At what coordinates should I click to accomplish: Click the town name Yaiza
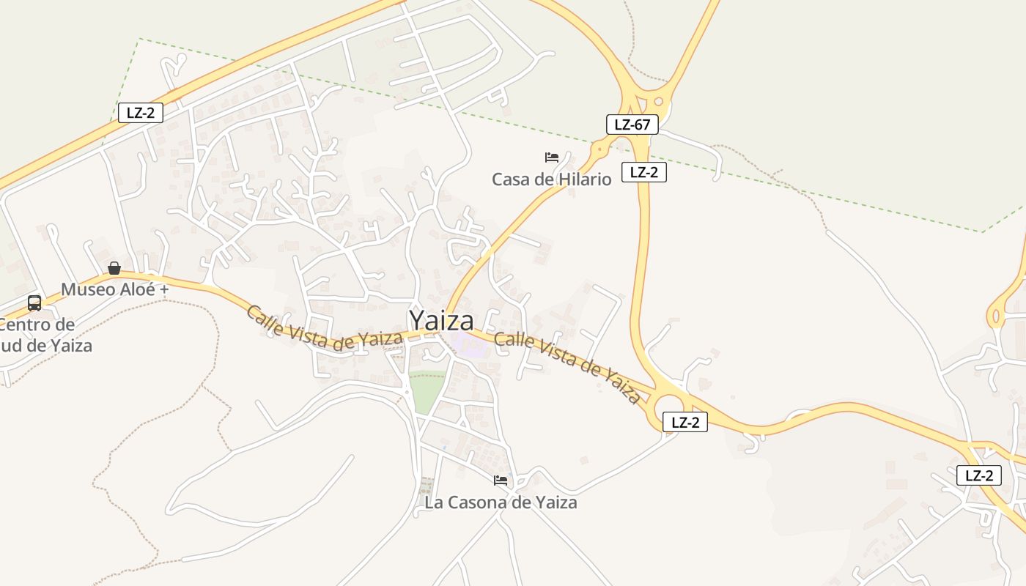point(441,321)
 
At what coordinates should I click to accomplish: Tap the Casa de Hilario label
point(551,179)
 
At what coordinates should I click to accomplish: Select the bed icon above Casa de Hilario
point(552,157)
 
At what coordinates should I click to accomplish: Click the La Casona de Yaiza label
point(501,502)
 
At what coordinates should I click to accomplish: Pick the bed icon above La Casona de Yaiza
point(501,481)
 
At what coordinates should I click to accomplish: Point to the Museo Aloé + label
point(114,289)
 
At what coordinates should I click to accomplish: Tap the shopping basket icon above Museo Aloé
point(114,268)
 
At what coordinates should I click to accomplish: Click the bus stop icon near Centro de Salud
point(34,303)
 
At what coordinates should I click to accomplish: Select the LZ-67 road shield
point(632,125)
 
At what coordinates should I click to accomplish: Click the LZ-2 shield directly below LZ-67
point(643,172)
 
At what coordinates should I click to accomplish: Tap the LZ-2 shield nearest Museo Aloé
point(140,113)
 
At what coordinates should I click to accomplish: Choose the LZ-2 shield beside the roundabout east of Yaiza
point(684,422)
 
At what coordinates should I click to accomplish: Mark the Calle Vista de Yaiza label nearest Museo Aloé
point(324,329)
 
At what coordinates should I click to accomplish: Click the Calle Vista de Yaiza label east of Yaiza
point(567,367)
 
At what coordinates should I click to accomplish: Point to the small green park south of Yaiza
point(427,393)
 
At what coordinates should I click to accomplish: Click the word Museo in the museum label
point(88,289)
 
